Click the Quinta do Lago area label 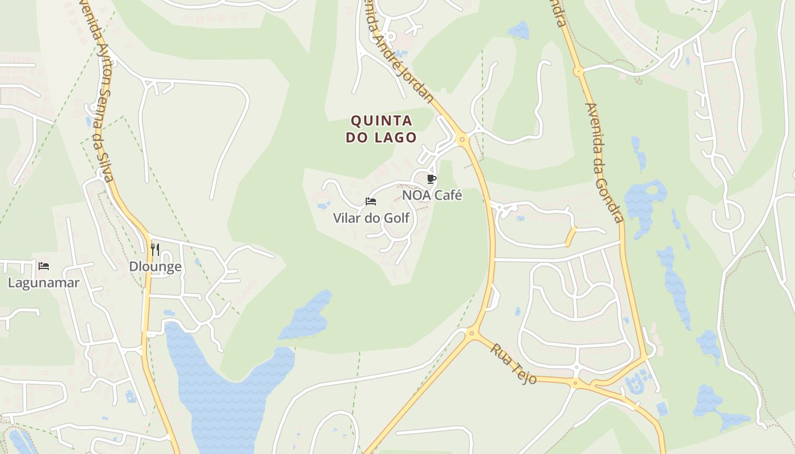point(382,129)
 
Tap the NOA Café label point(432,195)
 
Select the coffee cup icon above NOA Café point(432,179)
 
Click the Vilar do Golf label point(371,218)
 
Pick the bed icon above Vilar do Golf point(371,201)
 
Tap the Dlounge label point(155,267)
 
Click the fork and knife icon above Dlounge point(154,249)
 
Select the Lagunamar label point(43,283)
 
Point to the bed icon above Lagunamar point(44,266)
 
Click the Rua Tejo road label point(514,364)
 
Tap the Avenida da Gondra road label point(604,163)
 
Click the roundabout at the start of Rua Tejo point(471,334)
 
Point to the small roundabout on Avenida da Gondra point(578,72)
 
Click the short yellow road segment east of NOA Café point(570,236)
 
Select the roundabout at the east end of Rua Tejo point(576,384)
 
